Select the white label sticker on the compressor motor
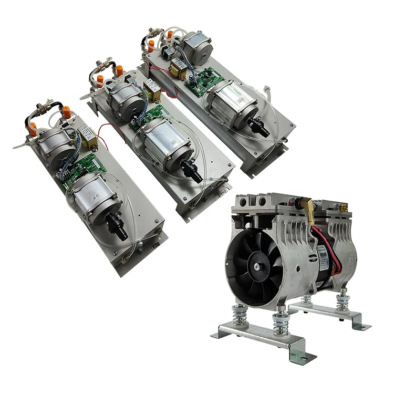[x=324, y=254]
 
